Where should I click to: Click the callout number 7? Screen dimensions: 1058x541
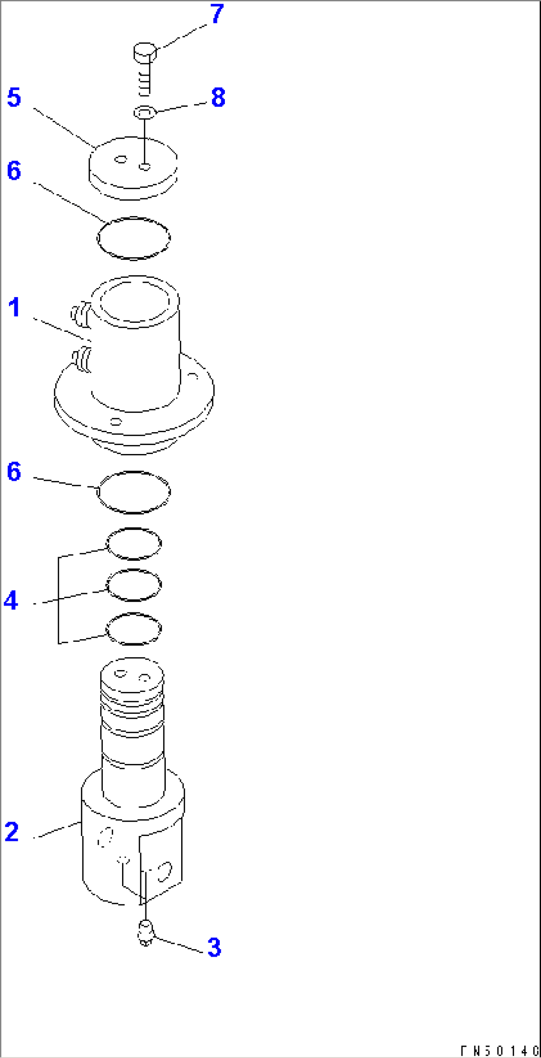click(x=217, y=14)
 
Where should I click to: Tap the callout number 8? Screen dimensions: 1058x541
click(x=218, y=97)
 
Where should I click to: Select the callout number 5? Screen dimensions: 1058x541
click(x=14, y=97)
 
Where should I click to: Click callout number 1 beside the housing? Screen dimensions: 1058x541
click(x=14, y=307)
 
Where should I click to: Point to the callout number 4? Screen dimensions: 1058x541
click(x=11, y=601)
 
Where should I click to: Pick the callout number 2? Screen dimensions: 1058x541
click(x=12, y=832)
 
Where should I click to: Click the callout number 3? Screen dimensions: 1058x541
click(x=214, y=948)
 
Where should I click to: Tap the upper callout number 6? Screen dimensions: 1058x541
click(x=14, y=171)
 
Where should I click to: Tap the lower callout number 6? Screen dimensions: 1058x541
click(x=14, y=472)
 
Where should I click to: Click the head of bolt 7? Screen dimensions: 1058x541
click(x=145, y=52)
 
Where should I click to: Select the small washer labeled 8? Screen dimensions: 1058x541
click(x=145, y=113)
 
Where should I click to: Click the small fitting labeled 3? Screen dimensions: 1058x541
click(x=145, y=932)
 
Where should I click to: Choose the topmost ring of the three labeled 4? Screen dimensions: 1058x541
click(x=134, y=543)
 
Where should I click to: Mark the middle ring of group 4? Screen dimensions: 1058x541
click(x=134, y=585)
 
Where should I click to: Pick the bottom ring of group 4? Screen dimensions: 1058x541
click(x=134, y=629)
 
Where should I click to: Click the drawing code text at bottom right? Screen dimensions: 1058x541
click(x=499, y=1051)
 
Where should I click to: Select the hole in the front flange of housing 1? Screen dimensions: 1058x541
click(x=116, y=422)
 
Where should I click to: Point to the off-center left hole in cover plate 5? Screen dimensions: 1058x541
click(x=120, y=159)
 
